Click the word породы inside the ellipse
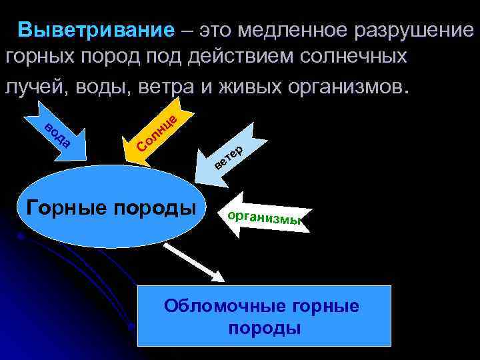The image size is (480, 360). click(156, 209)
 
